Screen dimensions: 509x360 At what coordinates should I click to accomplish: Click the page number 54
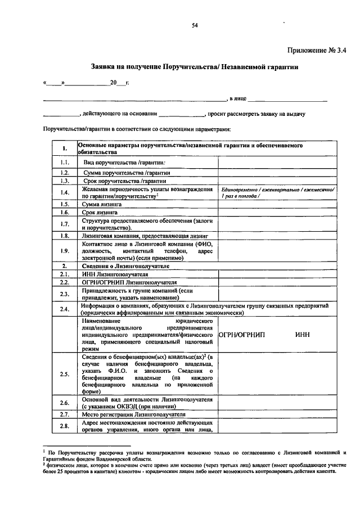pos(195,25)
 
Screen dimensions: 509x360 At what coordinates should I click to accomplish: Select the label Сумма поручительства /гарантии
pos(126,173)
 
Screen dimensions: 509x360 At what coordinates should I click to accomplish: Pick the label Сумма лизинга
pos(103,204)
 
